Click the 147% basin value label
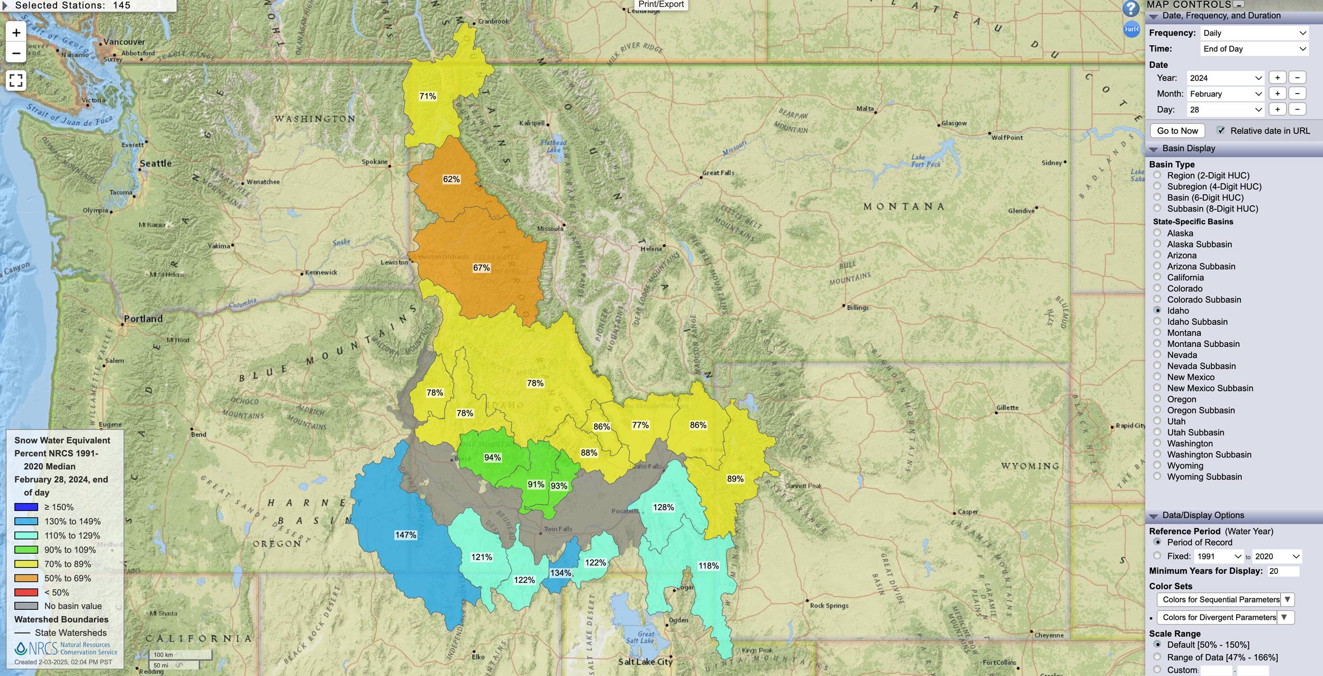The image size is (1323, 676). coord(405,535)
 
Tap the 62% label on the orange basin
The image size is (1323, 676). coord(451,179)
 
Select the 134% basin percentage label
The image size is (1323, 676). coord(560,573)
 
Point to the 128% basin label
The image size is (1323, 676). coord(663,507)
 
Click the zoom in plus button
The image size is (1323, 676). coord(16,33)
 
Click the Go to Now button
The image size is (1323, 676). coord(1177,131)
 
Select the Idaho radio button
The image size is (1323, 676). coord(1157,310)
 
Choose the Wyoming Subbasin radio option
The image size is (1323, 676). coord(1157,477)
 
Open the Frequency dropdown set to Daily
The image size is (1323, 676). coord(1254,33)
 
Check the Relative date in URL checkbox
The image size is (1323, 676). coord(1221,131)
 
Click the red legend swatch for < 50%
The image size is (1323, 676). coord(26,592)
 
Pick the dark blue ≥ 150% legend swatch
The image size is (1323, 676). coord(26,507)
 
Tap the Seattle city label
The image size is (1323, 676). coord(156,163)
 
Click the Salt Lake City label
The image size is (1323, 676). coord(645,662)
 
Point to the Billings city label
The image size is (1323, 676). coord(857,307)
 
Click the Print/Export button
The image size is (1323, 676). coord(660,5)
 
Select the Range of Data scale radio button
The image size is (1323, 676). coord(1157,657)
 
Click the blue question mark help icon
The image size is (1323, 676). coord(1130,8)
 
